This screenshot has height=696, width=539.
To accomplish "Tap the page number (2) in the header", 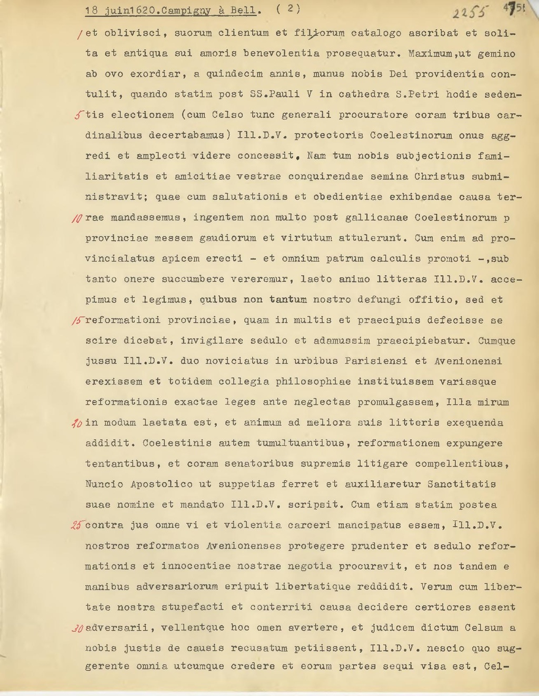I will [x=288, y=9].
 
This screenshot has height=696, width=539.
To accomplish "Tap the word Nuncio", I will [x=104, y=484].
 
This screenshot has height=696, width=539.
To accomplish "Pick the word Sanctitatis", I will [x=462, y=484].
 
